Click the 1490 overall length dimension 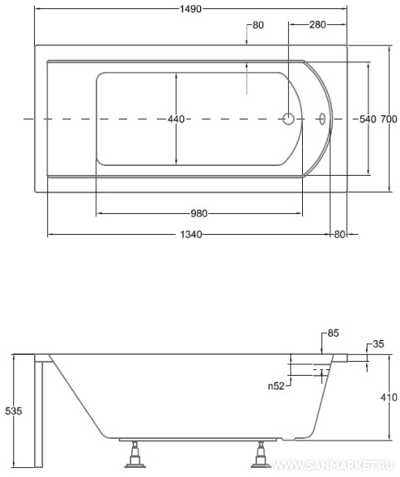pyautogui.click(x=190, y=9)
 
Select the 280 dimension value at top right pyautogui.click(x=318, y=25)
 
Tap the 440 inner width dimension pyautogui.click(x=176, y=119)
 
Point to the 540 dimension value pyautogui.click(x=368, y=119)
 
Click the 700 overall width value pyautogui.click(x=388, y=119)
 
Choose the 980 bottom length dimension pyautogui.click(x=199, y=213)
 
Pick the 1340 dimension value pyautogui.click(x=191, y=234)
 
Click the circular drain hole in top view pyautogui.click(x=288, y=119)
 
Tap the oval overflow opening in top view pyautogui.click(x=322, y=119)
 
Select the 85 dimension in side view pyautogui.click(x=333, y=333)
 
